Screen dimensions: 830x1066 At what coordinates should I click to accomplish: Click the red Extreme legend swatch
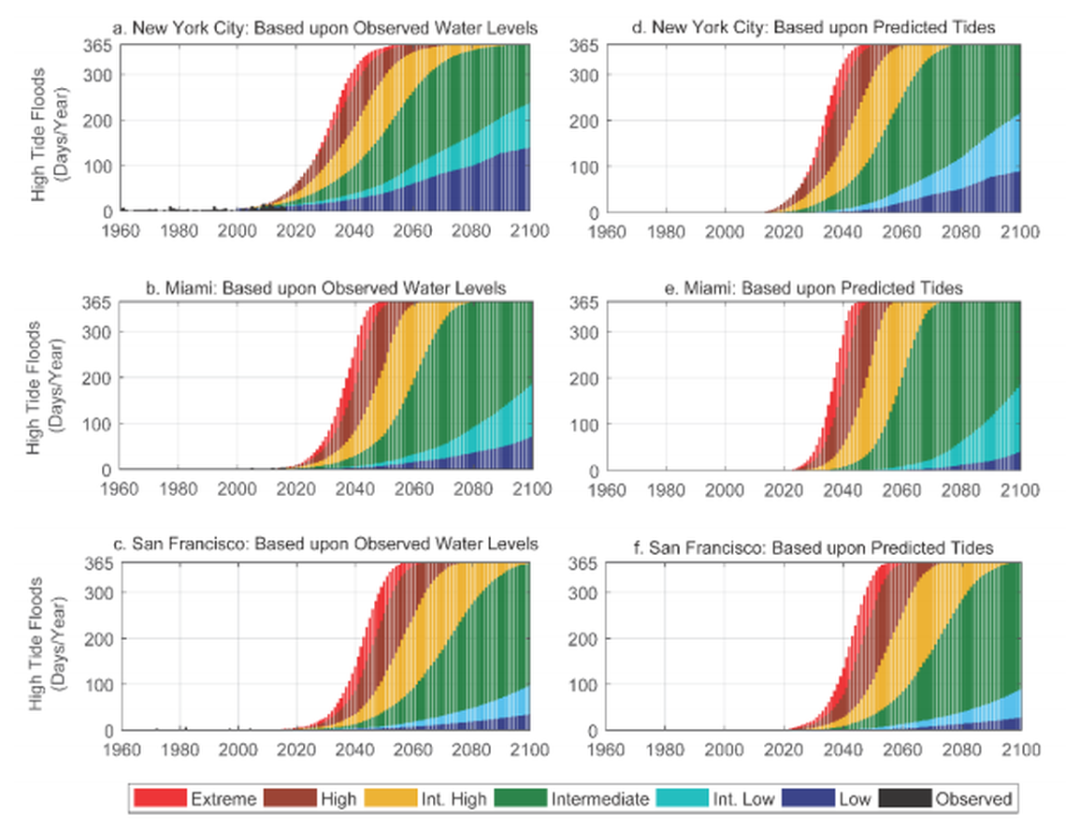[x=160, y=798]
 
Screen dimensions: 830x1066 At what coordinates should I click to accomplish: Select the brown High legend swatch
[x=291, y=798]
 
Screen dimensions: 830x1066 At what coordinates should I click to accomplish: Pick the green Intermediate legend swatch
[x=521, y=798]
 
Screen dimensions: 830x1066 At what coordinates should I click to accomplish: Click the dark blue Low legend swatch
[x=807, y=798]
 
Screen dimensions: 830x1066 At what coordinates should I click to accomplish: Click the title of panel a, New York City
[x=324, y=28]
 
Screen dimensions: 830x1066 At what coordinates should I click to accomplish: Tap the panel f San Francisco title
[x=813, y=546]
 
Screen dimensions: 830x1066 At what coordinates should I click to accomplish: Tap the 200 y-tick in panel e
[x=584, y=378]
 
